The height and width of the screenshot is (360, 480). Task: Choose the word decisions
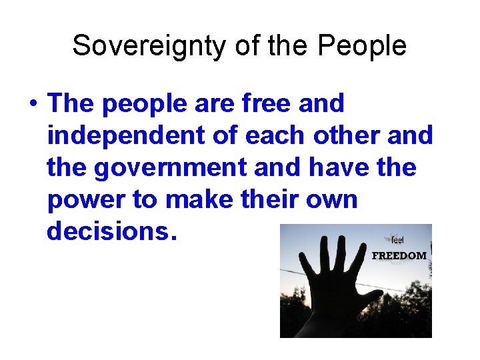[108, 231]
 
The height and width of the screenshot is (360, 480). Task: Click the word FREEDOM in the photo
[399, 255]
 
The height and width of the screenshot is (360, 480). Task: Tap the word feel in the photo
[398, 241]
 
